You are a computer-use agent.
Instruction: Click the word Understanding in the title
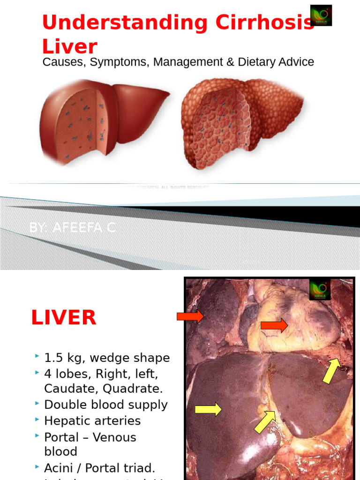tap(101, 23)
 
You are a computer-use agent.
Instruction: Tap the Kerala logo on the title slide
tap(321, 15)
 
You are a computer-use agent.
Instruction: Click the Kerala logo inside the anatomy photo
tap(320, 290)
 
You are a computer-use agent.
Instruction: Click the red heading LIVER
tap(64, 318)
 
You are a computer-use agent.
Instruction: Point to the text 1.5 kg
tap(61, 358)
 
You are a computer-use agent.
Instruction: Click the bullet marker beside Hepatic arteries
tap(37, 420)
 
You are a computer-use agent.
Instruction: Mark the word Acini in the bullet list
tap(59, 468)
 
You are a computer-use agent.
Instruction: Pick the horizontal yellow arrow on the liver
tap(208, 409)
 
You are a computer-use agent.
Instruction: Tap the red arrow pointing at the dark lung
tap(190, 316)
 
